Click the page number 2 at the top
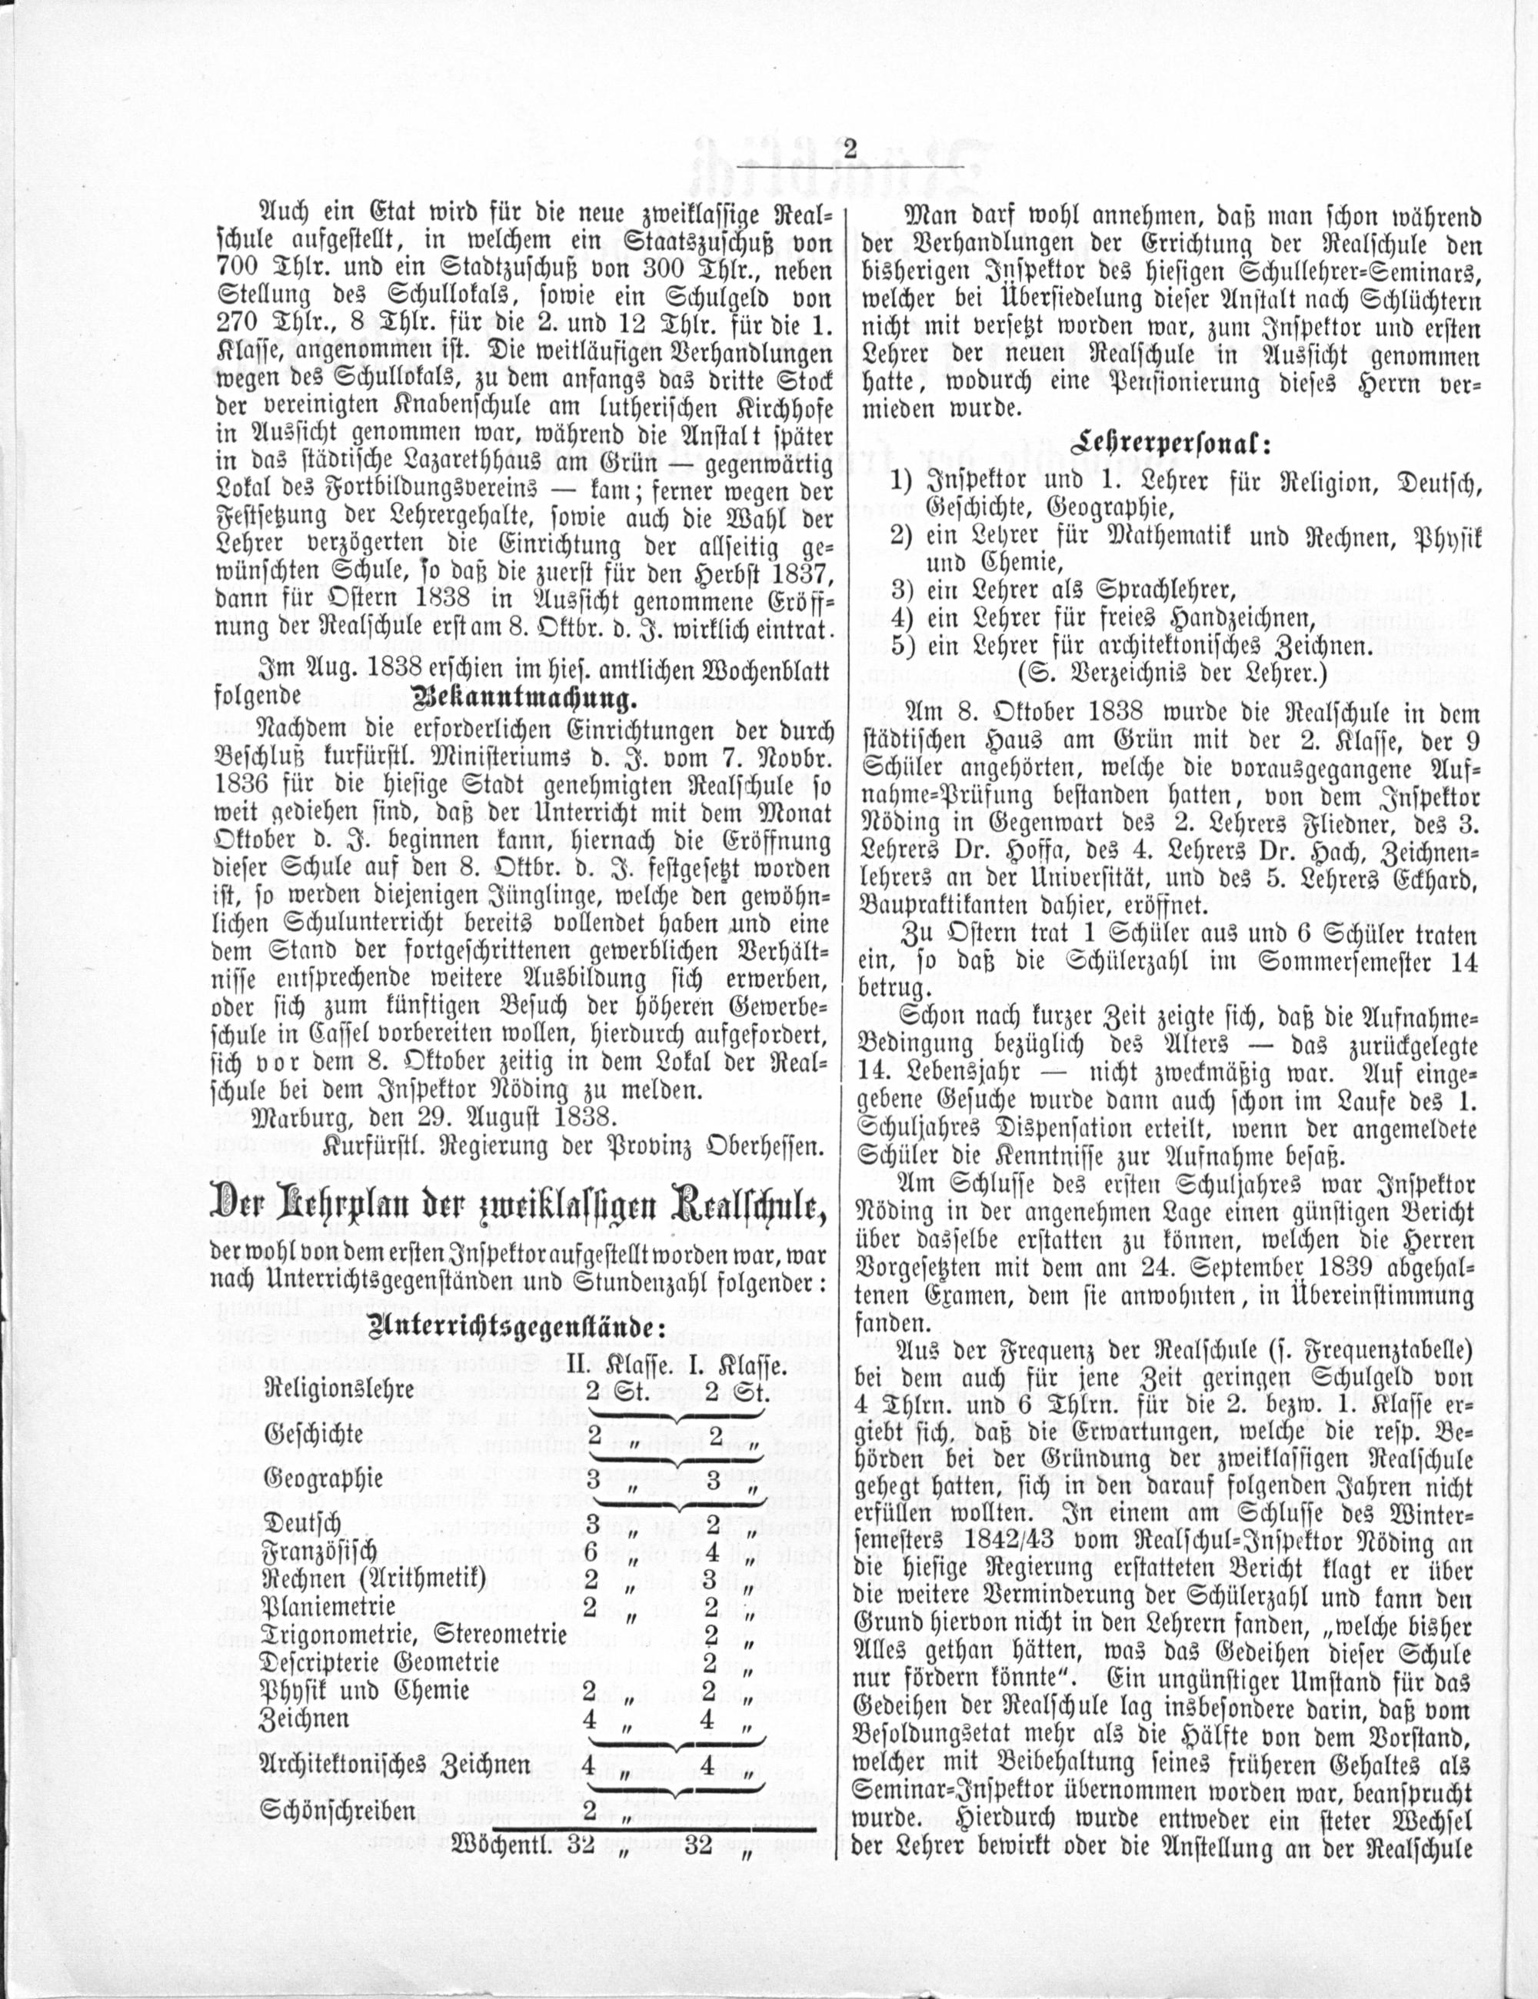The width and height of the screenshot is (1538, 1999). [850, 149]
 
